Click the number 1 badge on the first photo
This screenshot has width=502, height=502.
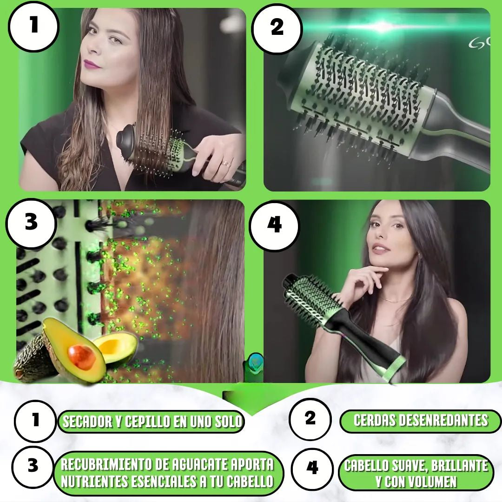pos(33,26)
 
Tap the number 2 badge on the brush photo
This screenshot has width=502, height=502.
pos(277,28)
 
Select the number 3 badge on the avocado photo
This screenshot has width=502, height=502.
pos(31,223)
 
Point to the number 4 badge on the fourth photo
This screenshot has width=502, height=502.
pos(274,226)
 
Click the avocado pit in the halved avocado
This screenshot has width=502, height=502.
pos(81,357)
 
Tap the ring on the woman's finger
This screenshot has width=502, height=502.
pos(226,164)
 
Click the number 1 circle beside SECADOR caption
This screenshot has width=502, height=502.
pos(35,421)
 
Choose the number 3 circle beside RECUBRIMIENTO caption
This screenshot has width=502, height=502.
pos(33,466)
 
